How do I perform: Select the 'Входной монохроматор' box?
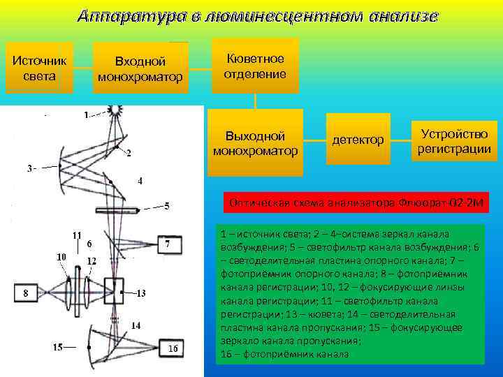[141, 68]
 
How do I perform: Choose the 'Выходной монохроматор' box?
[256, 142]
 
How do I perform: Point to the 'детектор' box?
[358, 141]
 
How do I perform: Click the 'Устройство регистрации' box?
[454, 141]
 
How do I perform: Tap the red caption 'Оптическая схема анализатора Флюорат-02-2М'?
[356, 204]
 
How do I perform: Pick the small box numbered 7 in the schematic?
[170, 244]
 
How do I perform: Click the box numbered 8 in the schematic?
[26, 293]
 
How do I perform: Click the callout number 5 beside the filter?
[166, 206]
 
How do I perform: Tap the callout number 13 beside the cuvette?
[140, 293]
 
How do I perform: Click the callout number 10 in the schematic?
[61, 257]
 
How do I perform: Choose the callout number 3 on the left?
[31, 168]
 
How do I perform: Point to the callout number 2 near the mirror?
[129, 154]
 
